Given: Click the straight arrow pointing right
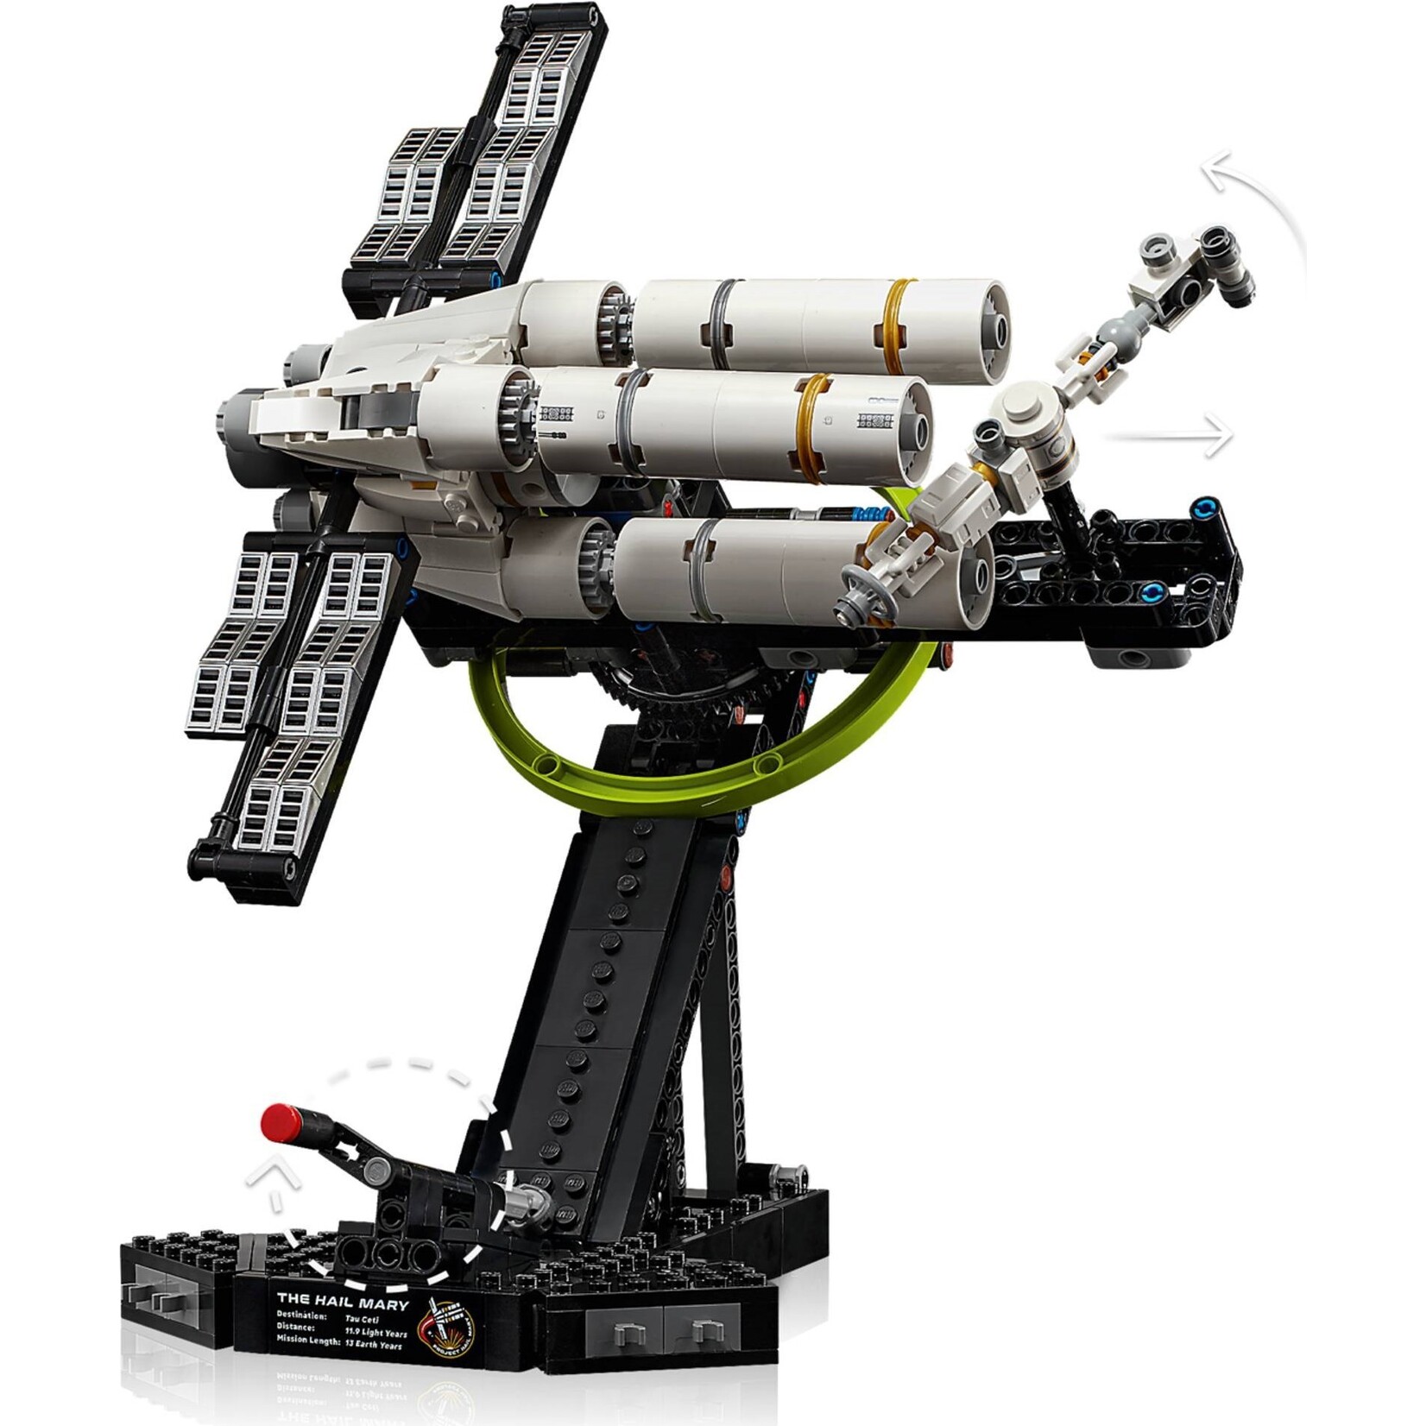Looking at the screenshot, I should tap(1217, 434).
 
